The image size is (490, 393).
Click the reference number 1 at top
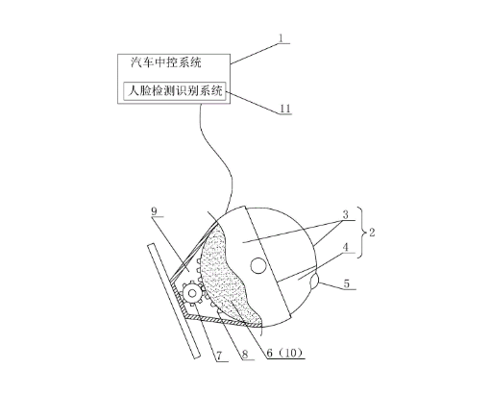tap(281, 38)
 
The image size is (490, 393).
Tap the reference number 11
tap(285, 109)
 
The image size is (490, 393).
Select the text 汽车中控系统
tap(166, 62)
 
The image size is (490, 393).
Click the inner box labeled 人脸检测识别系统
tap(175, 91)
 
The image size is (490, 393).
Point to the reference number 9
tap(155, 211)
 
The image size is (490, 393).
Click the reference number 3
tap(345, 214)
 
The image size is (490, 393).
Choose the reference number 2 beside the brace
tap(372, 233)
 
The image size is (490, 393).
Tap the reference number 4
tap(345, 247)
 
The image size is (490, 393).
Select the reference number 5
tap(347, 283)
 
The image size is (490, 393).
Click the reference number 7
tap(220, 356)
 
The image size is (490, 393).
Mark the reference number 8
tap(245, 355)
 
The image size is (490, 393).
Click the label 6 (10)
tap(284, 353)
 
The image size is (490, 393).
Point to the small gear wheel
tap(192, 293)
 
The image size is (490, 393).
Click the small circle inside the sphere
tap(258, 265)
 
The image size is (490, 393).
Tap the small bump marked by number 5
tap(314, 281)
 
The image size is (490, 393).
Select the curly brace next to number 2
tap(363, 233)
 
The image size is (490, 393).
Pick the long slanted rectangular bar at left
tap(174, 301)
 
